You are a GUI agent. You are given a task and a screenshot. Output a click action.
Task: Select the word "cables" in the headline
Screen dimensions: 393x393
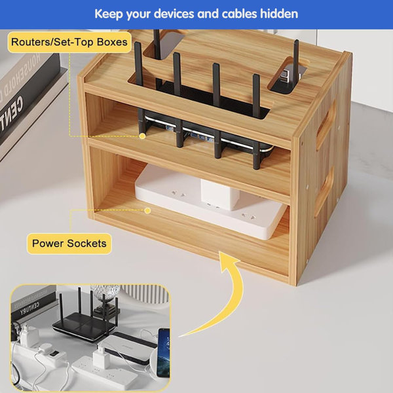point(233,14)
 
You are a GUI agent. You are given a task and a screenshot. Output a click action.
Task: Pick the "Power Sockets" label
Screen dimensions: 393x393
point(69,244)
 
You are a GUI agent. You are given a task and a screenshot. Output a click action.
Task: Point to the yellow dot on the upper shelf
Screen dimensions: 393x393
point(142,136)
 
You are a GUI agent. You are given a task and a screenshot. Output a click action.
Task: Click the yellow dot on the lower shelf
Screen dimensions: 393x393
point(148,210)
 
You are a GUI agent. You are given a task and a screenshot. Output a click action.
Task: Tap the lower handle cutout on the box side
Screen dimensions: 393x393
point(323,193)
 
